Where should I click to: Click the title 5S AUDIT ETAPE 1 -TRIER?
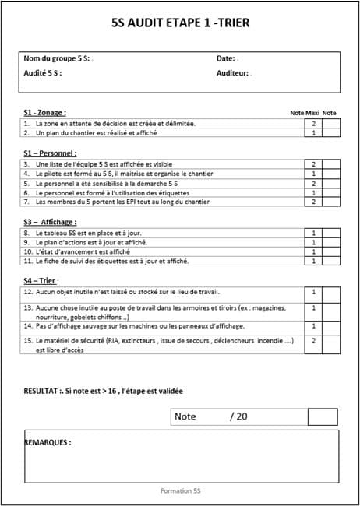(181, 23)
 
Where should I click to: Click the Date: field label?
(225, 58)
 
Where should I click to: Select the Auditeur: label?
(232, 73)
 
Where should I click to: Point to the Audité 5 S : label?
(43, 73)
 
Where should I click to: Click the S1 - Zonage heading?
(44, 113)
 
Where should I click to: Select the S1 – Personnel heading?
(50, 153)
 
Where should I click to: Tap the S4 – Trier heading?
(41, 280)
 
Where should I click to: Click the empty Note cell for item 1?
(330, 123)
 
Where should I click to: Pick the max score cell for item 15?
(313, 340)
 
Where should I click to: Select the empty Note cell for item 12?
(330, 293)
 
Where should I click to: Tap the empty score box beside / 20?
(322, 416)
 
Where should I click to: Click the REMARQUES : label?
(48, 442)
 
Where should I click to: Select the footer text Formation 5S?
(180, 491)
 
